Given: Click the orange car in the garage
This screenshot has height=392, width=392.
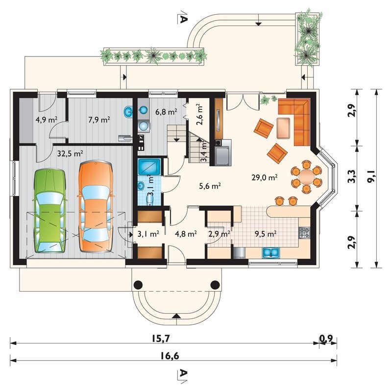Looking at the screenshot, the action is pos(96,206).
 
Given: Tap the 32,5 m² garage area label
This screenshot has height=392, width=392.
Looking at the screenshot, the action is pos(70,153).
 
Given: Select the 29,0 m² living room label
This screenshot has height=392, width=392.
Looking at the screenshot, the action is pos(265,177).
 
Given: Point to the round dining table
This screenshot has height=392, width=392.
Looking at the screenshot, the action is pos(307,177).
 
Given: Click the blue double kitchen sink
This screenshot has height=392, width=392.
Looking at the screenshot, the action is pos(271,252).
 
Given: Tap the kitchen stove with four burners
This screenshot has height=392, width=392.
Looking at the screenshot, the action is pos(304,233).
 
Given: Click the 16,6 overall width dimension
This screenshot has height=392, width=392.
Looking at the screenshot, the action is pos(170,355).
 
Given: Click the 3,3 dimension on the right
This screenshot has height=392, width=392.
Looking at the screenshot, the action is pos(352,176).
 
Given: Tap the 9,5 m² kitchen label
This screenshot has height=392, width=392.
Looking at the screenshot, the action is pos(265,234).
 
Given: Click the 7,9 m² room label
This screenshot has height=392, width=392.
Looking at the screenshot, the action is pos(99,120).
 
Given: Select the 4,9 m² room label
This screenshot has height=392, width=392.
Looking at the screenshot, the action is pos(47,120).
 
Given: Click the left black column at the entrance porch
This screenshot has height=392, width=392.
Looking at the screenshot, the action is pos(138,285).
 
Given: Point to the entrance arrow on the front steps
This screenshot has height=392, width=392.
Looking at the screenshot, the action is pos(176,316).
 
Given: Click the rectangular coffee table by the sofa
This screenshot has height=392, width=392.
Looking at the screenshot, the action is pos(283,128).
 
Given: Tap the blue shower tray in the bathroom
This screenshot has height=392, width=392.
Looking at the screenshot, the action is pos(149,166).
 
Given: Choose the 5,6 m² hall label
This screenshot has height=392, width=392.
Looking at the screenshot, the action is pos(210,186).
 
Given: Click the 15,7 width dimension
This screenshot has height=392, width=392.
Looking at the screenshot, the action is pos(161,338).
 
